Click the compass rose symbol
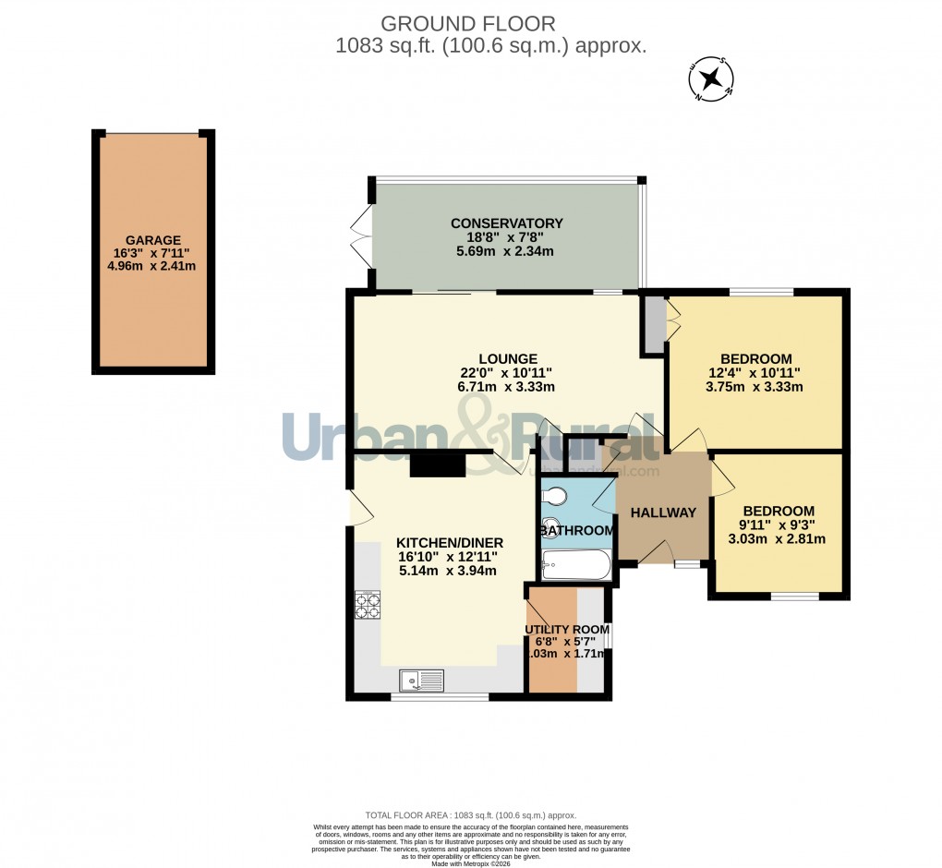pyautogui.click(x=712, y=78)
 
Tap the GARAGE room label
pyautogui.click(x=152, y=239)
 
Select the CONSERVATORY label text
pyautogui.click(x=506, y=223)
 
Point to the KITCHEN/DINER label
pyautogui.click(x=447, y=542)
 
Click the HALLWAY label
pyautogui.click(x=663, y=513)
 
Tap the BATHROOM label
pyautogui.click(x=577, y=531)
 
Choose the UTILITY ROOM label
pyautogui.click(x=564, y=629)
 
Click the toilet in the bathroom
pyautogui.click(x=555, y=496)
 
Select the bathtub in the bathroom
pyautogui.click(x=576, y=564)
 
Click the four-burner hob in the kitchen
pyautogui.click(x=368, y=604)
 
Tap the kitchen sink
pyautogui.click(x=421, y=681)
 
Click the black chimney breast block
pyautogui.click(x=437, y=464)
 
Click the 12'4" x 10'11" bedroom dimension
pyautogui.click(x=755, y=373)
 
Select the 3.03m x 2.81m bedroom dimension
pyautogui.click(x=777, y=540)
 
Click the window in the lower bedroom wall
pyautogui.click(x=794, y=597)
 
